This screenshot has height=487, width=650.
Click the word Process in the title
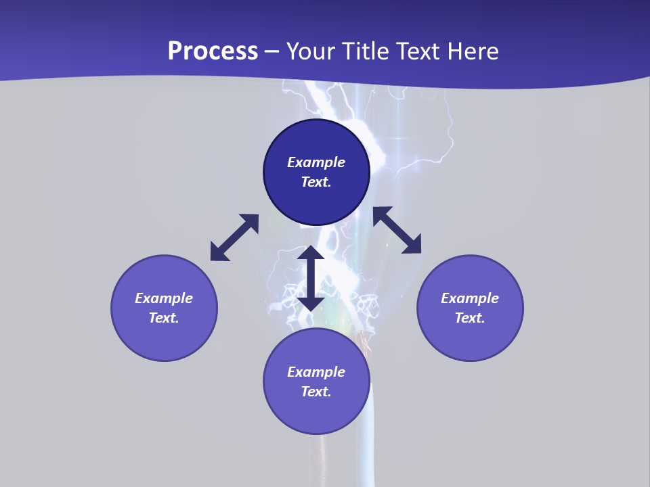point(213,51)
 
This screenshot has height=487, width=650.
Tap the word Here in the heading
point(472,51)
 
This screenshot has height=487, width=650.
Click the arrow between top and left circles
point(234,237)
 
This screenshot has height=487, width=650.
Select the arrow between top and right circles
point(397,230)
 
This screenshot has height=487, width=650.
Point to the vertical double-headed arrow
point(311,278)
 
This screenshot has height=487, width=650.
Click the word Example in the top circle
point(316,162)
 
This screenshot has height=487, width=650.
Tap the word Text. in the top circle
point(316,182)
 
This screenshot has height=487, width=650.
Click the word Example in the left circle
point(164,298)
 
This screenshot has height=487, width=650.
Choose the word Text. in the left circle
point(164,318)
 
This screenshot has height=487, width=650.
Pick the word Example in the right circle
point(470,298)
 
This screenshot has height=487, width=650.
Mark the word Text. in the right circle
point(470,318)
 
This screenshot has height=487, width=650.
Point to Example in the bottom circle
point(316,372)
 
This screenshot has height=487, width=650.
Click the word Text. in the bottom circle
point(316,392)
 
